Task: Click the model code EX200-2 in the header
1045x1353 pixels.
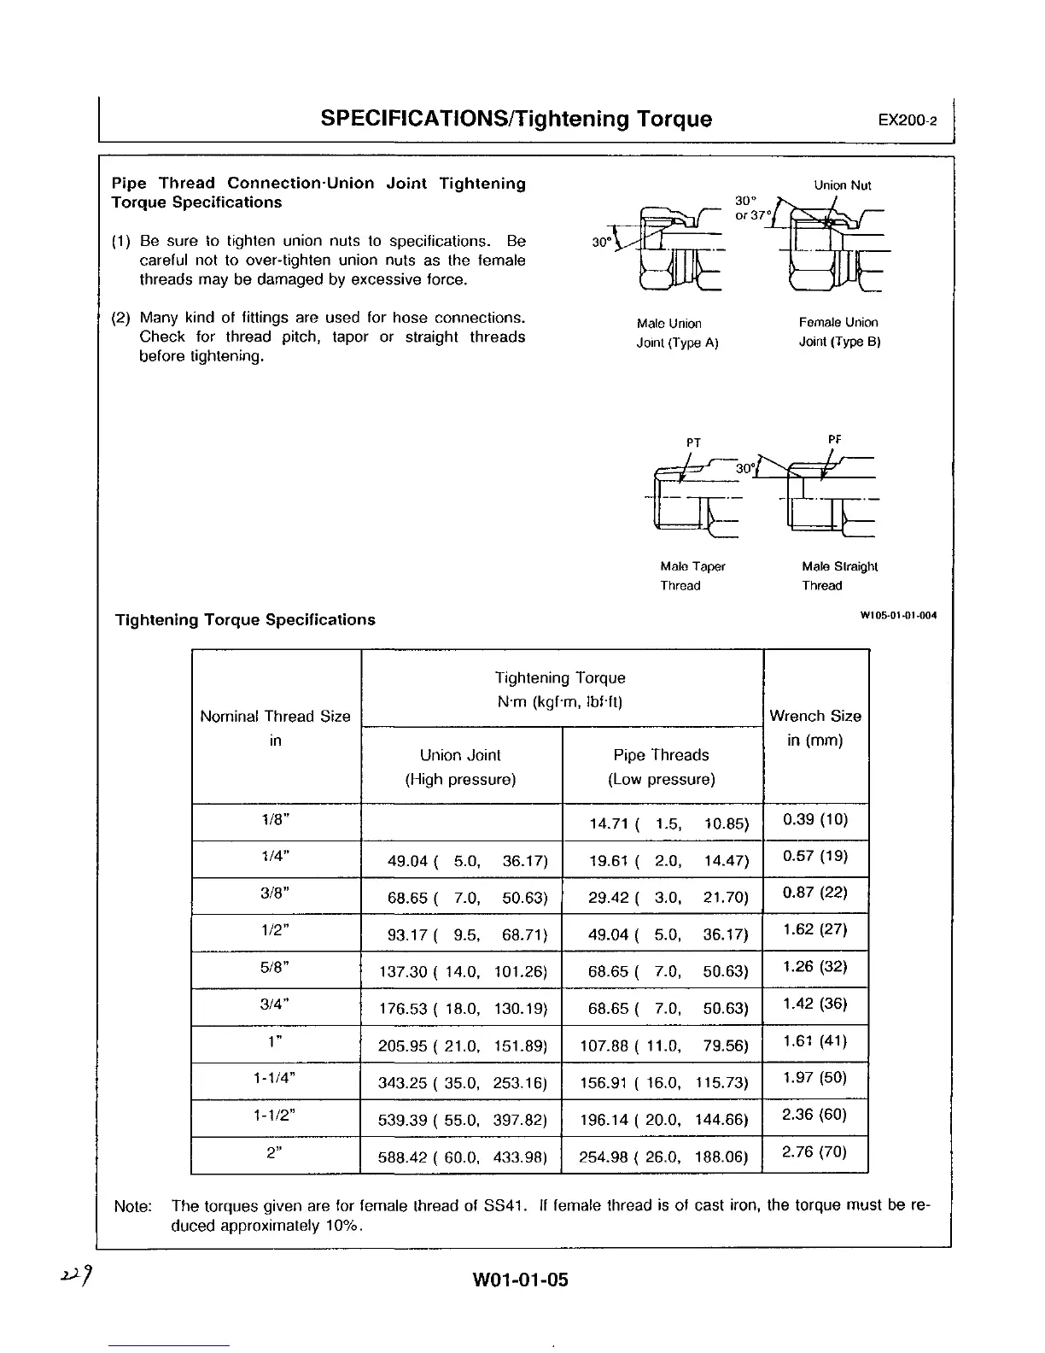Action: pos(907,120)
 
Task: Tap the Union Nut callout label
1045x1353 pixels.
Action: pos(842,185)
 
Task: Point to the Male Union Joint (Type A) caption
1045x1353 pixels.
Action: pos(678,333)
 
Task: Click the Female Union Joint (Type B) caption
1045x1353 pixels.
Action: pos(838,332)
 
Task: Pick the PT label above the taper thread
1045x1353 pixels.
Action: pos(693,442)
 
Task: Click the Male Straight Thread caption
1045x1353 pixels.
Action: pos(839,576)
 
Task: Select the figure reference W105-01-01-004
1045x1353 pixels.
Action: pos(898,615)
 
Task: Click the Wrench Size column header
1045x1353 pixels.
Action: pos(815,728)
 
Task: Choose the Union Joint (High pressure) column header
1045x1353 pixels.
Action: pos(460,766)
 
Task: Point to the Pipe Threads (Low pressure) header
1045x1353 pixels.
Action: pos(662,766)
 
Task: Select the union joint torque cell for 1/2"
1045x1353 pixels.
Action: pos(462,934)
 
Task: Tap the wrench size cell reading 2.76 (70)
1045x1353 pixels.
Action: pos(814,1152)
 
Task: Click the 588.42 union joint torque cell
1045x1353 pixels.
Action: pos(462,1157)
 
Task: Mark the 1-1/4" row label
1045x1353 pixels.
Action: pos(276,1078)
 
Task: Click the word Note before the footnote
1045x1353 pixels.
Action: pos(132,1206)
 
